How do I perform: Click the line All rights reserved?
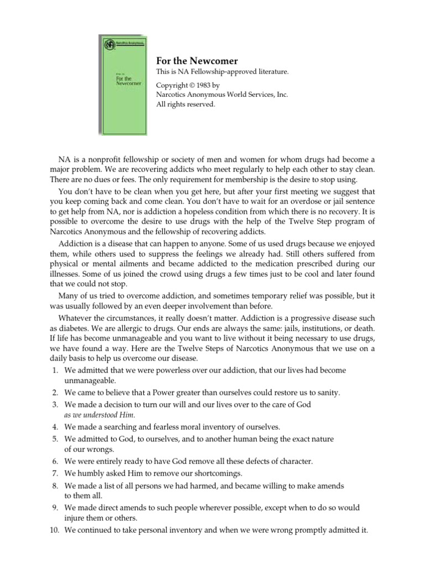[184, 104]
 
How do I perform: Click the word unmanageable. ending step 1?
[90, 381]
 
